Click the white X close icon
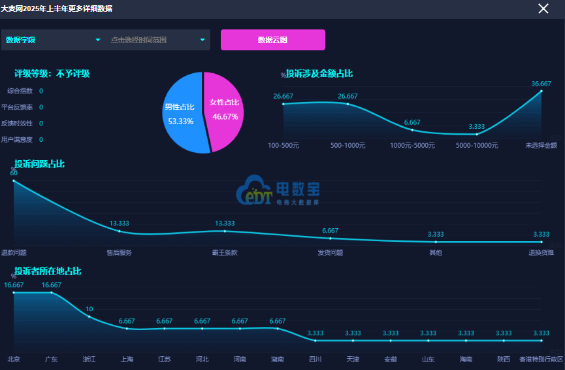point(543,8)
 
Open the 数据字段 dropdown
point(53,40)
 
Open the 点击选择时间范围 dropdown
point(157,40)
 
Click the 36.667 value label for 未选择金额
point(541,84)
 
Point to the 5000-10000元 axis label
point(477,145)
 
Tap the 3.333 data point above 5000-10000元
point(477,134)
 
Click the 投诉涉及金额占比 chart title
point(319,74)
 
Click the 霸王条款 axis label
point(225,252)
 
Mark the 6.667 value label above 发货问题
point(331,231)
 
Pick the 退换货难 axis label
point(541,252)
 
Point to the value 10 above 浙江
point(89,309)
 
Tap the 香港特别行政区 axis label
point(541,360)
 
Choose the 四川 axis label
point(315,360)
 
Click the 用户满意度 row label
point(17,139)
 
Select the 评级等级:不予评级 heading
point(52,74)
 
